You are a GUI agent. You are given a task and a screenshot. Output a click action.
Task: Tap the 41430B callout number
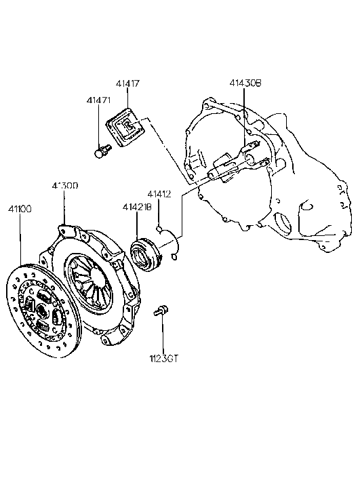click(x=244, y=84)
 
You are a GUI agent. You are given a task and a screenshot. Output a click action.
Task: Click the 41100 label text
click(x=20, y=209)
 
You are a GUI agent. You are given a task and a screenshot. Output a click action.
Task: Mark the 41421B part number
click(x=136, y=207)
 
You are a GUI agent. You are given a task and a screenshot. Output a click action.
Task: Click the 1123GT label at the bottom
click(x=164, y=357)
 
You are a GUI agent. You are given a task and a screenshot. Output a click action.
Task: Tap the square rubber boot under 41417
click(x=127, y=131)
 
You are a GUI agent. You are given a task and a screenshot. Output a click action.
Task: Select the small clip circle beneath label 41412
click(x=160, y=229)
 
